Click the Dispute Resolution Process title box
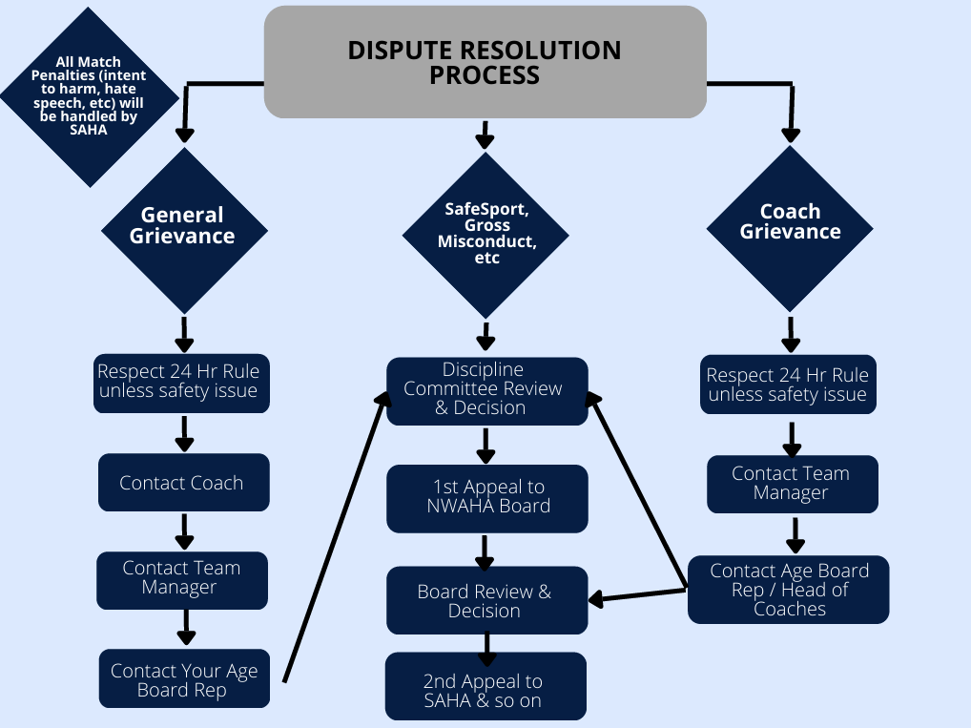485,62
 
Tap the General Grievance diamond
182,225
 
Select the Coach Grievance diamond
790,222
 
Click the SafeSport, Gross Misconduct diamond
486,233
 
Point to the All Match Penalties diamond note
90,96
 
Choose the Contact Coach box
182,483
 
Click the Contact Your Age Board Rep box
184,680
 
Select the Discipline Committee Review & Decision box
485,389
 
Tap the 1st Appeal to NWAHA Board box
486,497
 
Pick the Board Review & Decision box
486,601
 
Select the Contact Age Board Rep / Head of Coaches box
789,590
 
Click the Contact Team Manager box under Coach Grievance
791,484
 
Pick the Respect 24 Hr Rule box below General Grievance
180,382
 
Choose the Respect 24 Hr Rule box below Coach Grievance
787,385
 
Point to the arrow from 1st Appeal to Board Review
485,551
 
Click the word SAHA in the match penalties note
89,131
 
